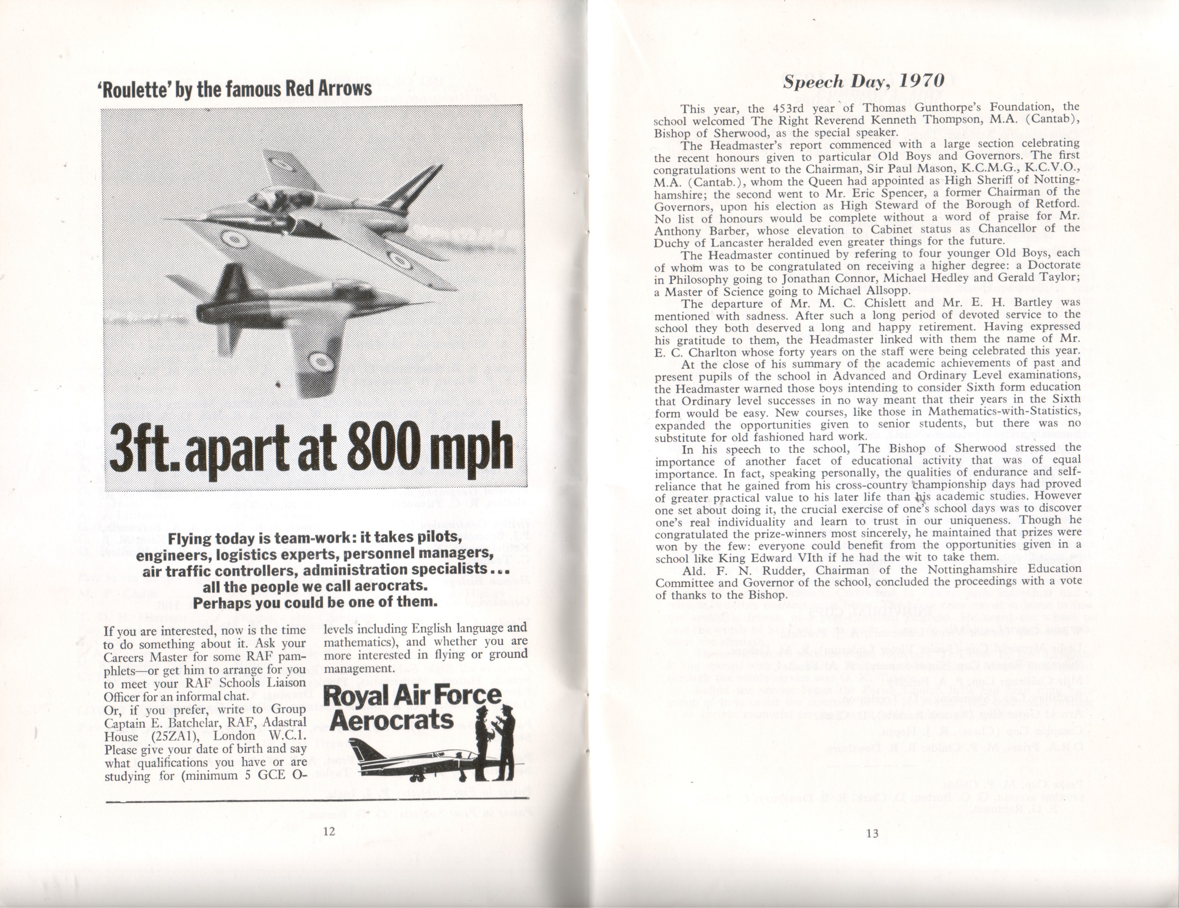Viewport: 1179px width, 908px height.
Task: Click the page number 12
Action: point(329,832)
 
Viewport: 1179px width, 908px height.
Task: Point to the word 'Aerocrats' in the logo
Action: point(391,720)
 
